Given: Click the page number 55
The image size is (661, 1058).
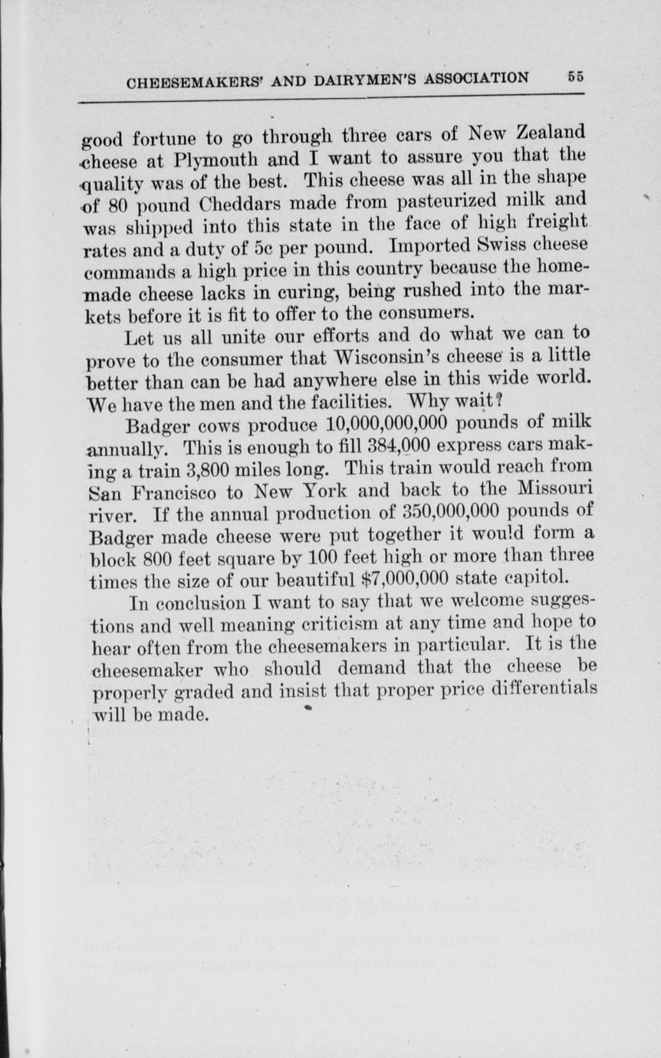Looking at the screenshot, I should (x=575, y=77).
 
